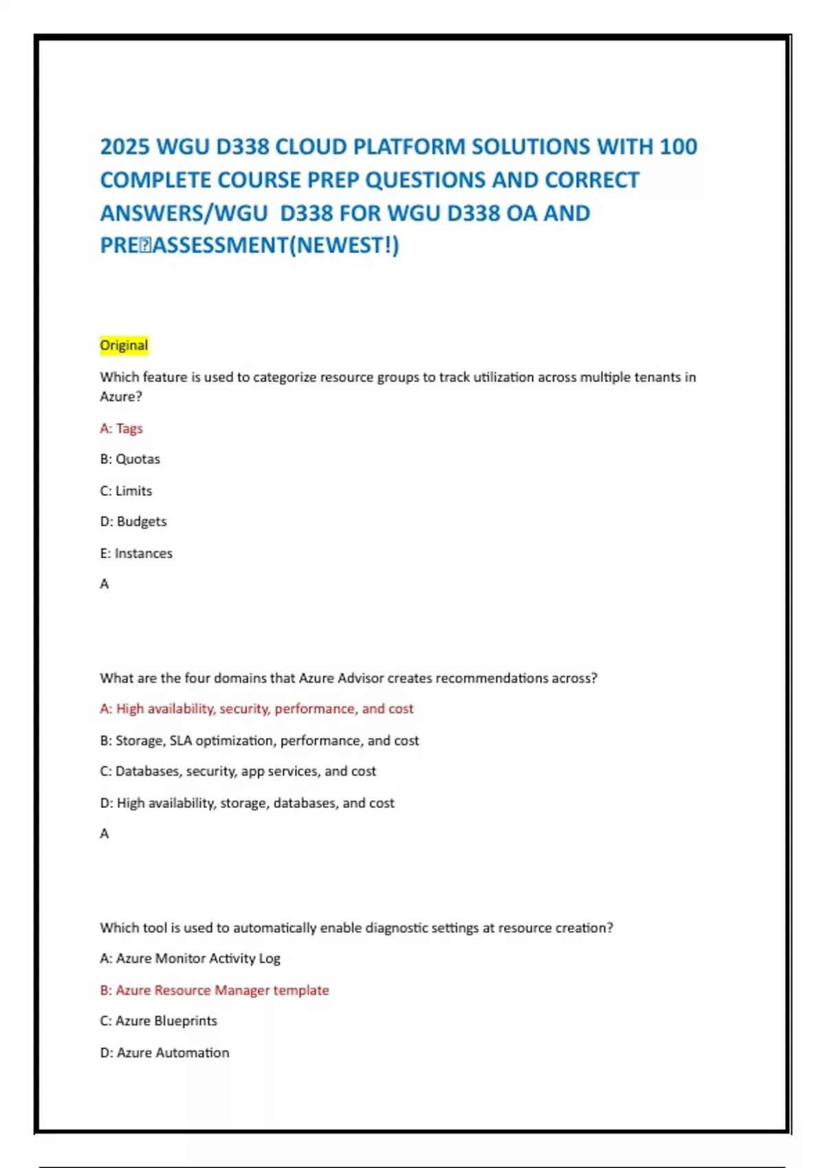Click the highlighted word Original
(124, 345)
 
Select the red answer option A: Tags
(121, 428)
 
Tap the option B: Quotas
(130, 459)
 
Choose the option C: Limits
(126, 491)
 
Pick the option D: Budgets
(133, 521)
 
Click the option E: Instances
(136, 553)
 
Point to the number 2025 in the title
(126, 147)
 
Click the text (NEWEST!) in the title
(344, 245)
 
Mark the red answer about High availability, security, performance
(256, 708)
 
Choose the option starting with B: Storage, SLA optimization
(259, 740)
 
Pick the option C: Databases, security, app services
(238, 771)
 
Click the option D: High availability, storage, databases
(247, 802)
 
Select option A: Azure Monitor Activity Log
(190, 958)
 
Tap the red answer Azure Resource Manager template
(214, 990)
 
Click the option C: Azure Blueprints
(158, 1021)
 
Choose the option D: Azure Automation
(164, 1053)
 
